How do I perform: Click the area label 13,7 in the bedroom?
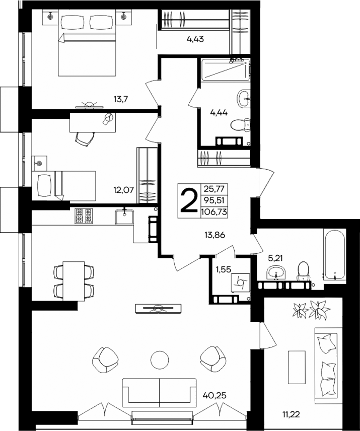[121, 99]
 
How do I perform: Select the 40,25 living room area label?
[214, 395]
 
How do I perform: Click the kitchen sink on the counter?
[124, 216]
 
